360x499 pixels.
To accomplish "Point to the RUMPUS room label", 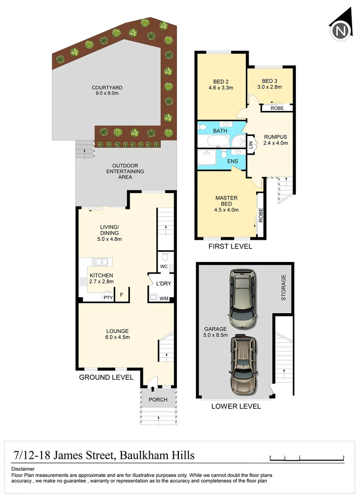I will [275, 137].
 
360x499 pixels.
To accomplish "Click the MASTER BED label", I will [226, 198].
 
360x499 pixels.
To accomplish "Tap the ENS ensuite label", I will [233, 161].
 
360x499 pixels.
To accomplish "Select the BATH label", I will [220, 131].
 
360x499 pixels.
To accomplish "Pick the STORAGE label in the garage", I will [284, 287].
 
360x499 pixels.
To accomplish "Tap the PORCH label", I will [158, 400].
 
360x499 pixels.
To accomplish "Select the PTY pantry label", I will [108, 298].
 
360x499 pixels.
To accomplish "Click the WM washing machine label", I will [163, 299].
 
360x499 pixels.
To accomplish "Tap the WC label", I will [163, 267].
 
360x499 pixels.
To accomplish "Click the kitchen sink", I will [99, 262].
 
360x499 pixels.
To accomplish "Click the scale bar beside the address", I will [307, 457].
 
